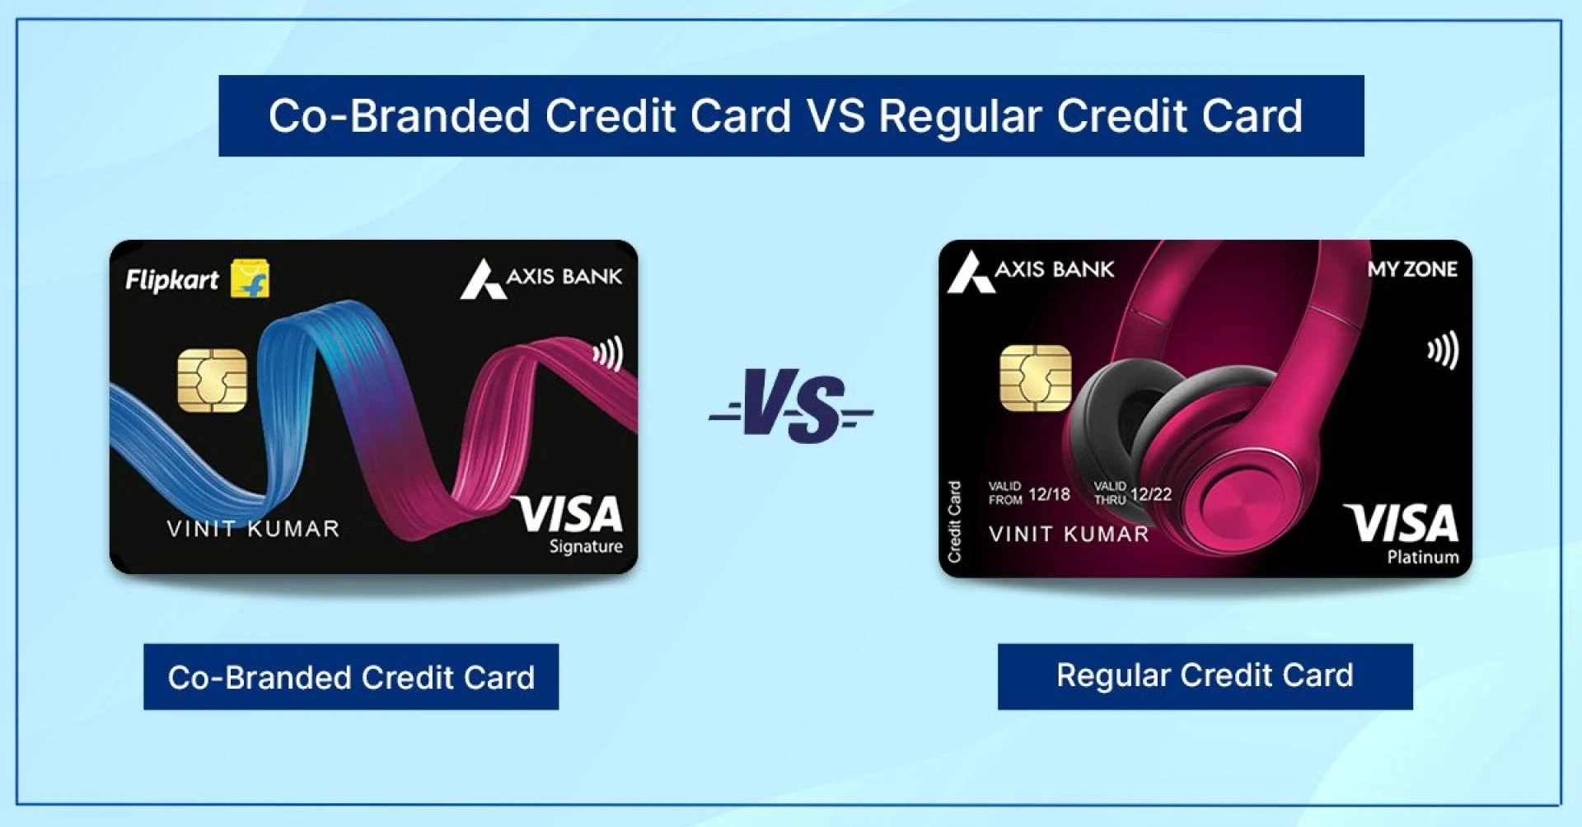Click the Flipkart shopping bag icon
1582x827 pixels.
(x=250, y=278)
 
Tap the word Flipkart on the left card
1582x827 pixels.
(x=172, y=280)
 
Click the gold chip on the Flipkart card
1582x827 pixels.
(x=213, y=380)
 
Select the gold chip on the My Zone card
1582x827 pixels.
(x=1035, y=378)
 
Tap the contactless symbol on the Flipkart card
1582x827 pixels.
(x=608, y=354)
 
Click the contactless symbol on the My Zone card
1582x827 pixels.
(x=1444, y=350)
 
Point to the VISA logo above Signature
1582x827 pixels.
(x=568, y=514)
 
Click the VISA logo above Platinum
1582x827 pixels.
(x=1402, y=523)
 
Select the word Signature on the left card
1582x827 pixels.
(x=586, y=547)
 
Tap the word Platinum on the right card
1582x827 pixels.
(x=1423, y=557)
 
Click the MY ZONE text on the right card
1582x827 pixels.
(x=1412, y=269)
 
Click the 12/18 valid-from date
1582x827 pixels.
(x=1049, y=494)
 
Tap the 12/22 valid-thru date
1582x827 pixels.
(x=1151, y=494)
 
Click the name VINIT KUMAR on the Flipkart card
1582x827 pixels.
(x=253, y=528)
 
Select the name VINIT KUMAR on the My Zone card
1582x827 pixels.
(x=1069, y=534)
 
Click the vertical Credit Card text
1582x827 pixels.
(x=955, y=521)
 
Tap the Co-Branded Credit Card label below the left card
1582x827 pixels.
(x=351, y=676)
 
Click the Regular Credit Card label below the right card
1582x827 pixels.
(x=1205, y=676)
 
